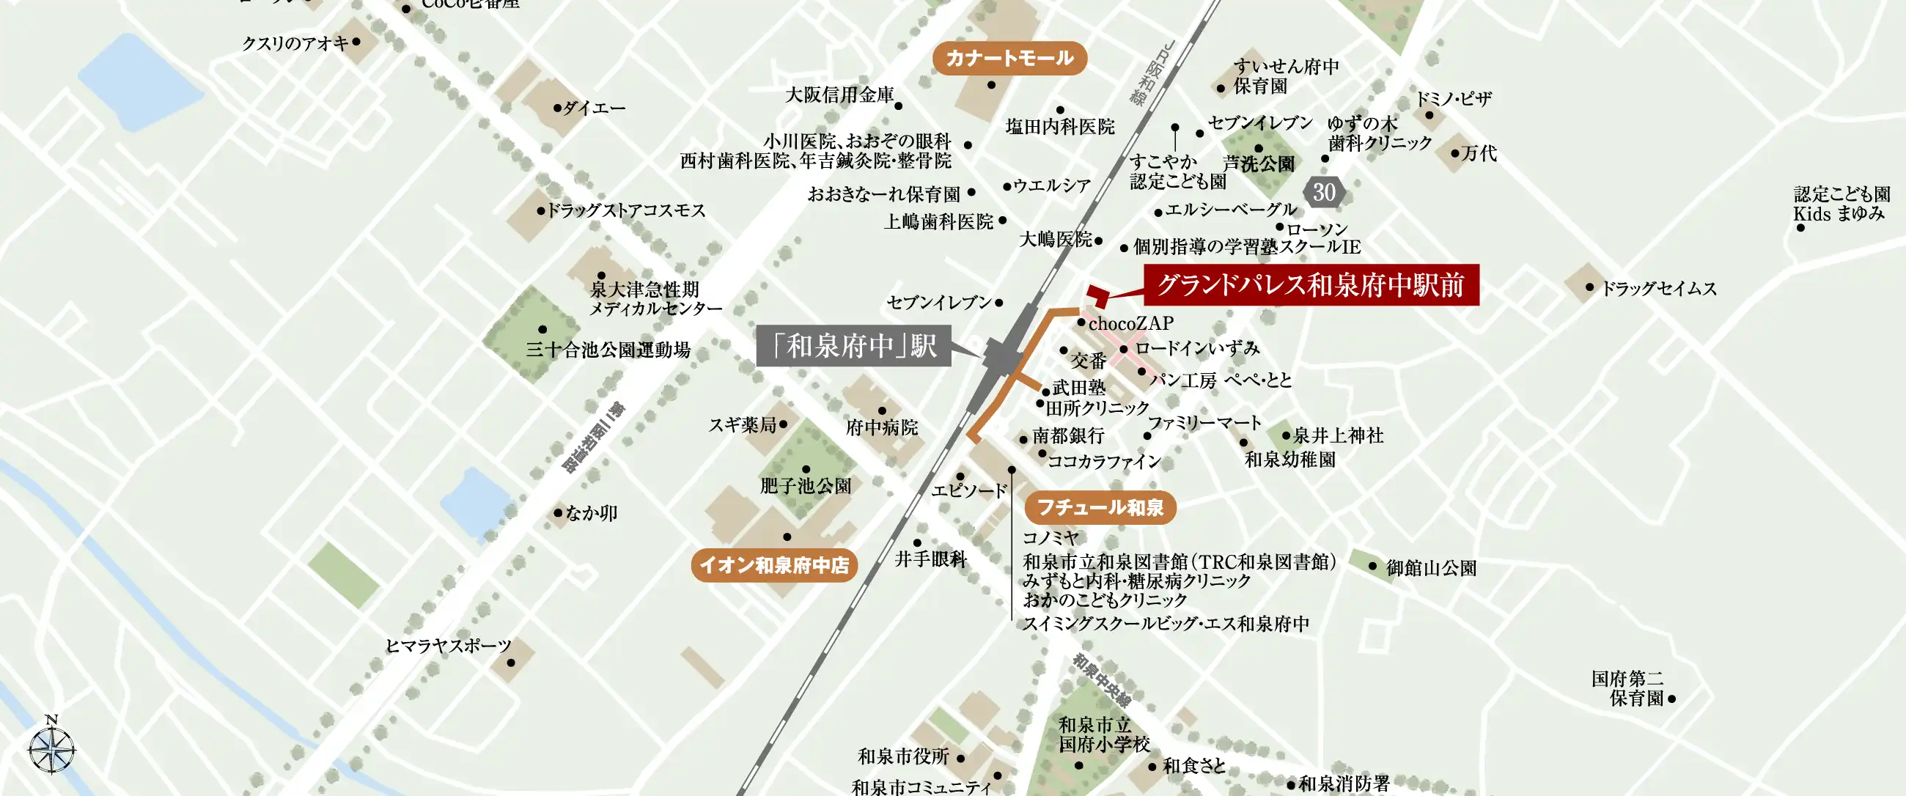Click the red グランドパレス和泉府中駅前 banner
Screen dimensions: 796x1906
[x=1311, y=285]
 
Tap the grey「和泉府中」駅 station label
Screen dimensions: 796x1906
[x=854, y=345]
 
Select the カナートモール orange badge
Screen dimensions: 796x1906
[x=1009, y=59]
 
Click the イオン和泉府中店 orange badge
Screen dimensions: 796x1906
[x=774, y=565]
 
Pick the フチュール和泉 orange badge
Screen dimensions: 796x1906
[x=1100, y=507]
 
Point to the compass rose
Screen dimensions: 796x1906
[x=52, y=748]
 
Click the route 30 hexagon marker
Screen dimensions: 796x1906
[x=1324, y=192]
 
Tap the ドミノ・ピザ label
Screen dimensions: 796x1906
[x=1453, y=99]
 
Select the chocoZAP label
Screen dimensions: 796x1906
[x=1130, y=323]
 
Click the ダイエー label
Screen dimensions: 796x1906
[x=594, y=108]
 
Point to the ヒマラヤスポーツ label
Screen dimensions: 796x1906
[x=449, y=646]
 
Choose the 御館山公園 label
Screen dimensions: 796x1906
[x=1431, y=568]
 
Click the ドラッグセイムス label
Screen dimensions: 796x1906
[x=1658, y=289]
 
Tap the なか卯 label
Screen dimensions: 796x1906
[x=591, y=512]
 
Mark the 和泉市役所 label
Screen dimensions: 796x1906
[x=903, y=756]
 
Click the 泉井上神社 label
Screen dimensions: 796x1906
[x=1338, y=435]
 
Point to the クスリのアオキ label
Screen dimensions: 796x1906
[x=295, y=44]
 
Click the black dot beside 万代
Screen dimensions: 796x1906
[x=1454, y=154]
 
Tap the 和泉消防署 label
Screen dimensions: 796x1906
[x=1344, y=784]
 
